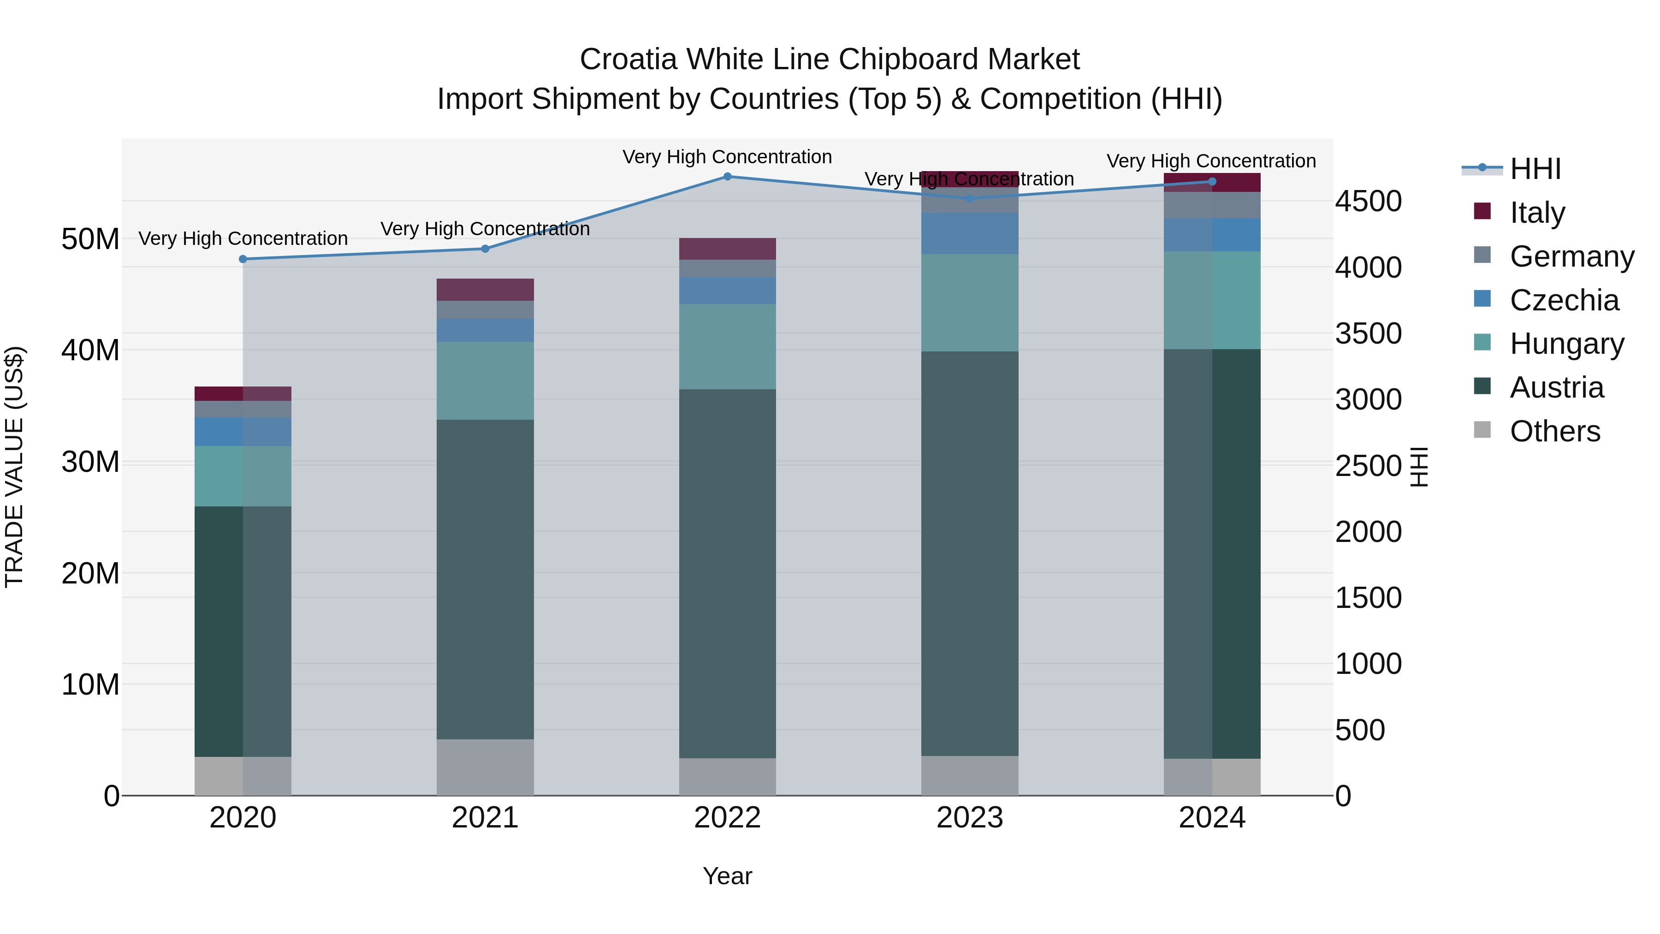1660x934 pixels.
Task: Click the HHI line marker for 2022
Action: tap(728, 176)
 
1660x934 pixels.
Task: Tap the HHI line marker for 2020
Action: tap(243, 259)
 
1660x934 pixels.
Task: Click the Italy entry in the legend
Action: tap(1537, 213)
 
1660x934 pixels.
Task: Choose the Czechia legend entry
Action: tap(1564, 300)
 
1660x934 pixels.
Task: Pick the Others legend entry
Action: tap(1555, 431)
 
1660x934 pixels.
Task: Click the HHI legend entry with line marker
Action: tap(1535, 169)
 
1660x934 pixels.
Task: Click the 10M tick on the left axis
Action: tap(90, 684)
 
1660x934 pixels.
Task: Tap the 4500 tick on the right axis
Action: tap(1368, 201)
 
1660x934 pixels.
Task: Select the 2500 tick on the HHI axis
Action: tap(1368, 465)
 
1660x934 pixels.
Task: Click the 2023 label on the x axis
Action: tap(970, 818)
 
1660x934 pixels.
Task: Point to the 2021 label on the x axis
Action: tap(485, 818)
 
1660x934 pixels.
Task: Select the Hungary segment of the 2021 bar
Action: tap(485, 381)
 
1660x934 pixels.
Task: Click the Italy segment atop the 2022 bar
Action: tap(728, 249)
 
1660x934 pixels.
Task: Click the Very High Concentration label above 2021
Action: tap(485, 229)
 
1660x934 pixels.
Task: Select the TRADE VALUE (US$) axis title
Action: tap(14, 467)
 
